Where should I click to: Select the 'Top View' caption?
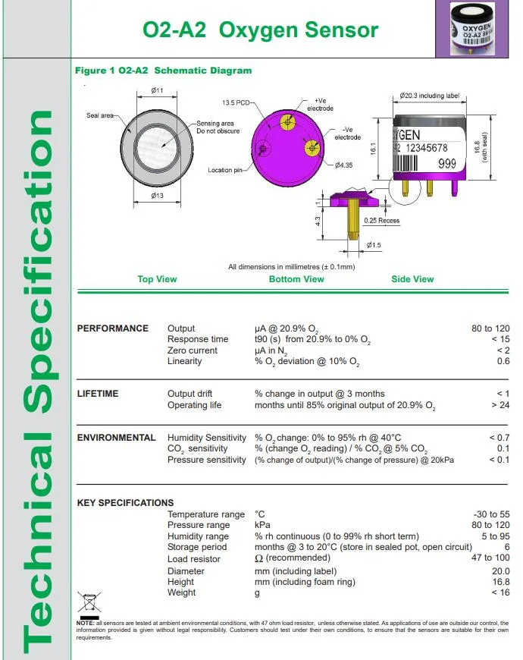coord(157,279)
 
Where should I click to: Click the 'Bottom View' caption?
coord(296,279)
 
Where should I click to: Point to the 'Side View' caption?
coord(412,279)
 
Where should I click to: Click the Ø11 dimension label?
coord(158,91)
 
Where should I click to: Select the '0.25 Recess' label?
coord(381,221)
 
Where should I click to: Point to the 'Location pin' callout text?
coord(225,170)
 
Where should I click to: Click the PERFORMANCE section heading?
coord(113,328)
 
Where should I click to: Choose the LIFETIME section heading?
coord(98,394)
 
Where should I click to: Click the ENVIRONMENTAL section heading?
coord(117,438)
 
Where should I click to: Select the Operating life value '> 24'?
coord(500,405)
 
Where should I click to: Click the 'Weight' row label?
coord(181,592)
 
